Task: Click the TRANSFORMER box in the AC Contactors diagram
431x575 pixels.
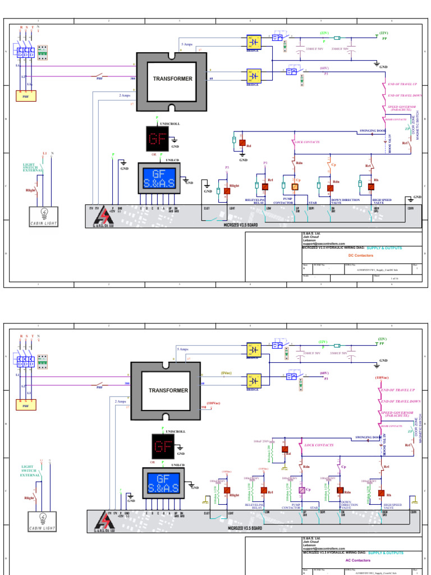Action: pyautogui.click(x=166, y=390)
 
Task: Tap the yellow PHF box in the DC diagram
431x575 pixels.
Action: pyautogui.click(x=25, y=96)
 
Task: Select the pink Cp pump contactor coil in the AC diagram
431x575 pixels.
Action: pyautogui.click(x=301, y=490)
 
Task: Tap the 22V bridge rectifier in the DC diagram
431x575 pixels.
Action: pyautogui.click(x=254, y=42)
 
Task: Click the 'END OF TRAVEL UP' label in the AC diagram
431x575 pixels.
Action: pyautogui.click(x=397, y=390)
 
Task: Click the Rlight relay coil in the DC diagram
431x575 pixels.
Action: pyautogui.click(x=227, y=191)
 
